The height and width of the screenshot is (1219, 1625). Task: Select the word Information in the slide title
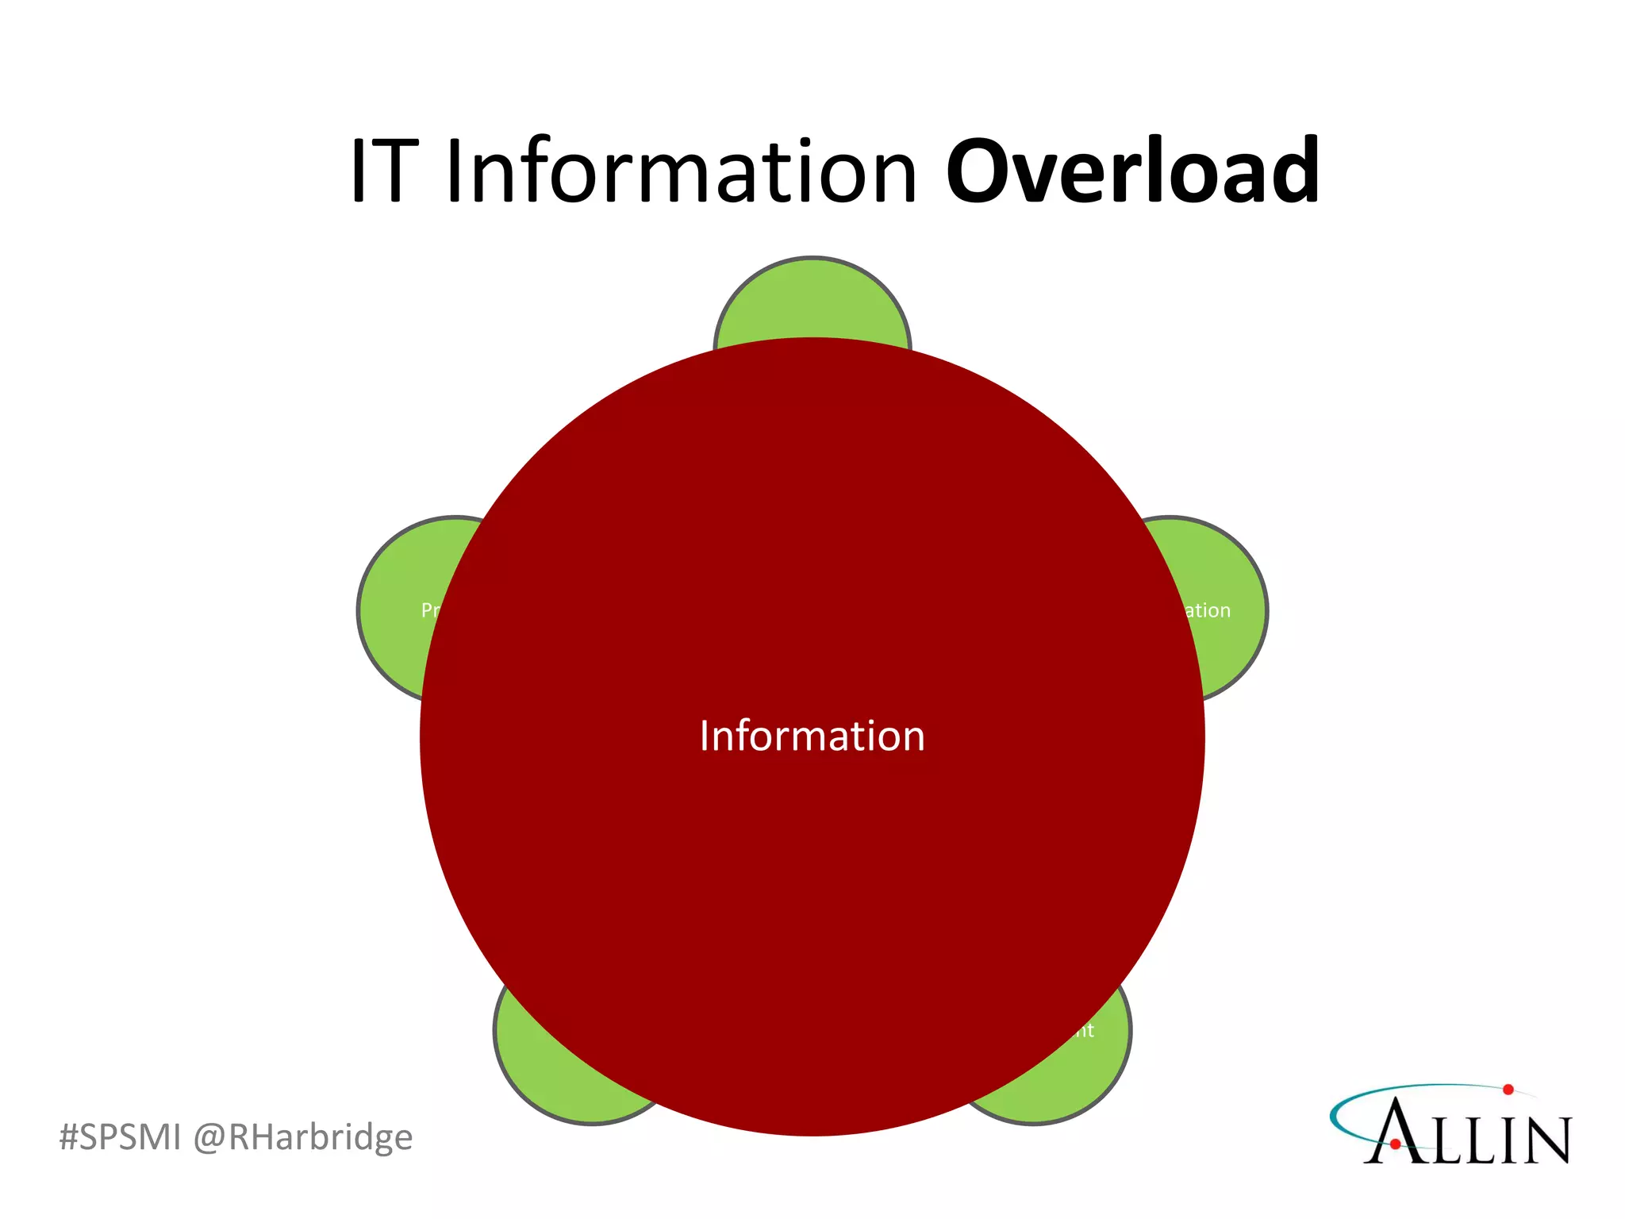coord(681,171)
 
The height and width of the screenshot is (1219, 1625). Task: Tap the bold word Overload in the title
coord(1132,171)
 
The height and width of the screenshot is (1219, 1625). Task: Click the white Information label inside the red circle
coord(812,736)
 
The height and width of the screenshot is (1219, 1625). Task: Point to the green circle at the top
coord(812,302)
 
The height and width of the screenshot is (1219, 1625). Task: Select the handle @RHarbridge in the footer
coord(303,1136)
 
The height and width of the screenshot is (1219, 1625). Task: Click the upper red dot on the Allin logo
coord(1508,1090)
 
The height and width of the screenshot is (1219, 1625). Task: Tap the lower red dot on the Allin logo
coord(1395,1144)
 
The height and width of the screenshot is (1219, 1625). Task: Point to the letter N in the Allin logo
coord(1544,1140)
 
